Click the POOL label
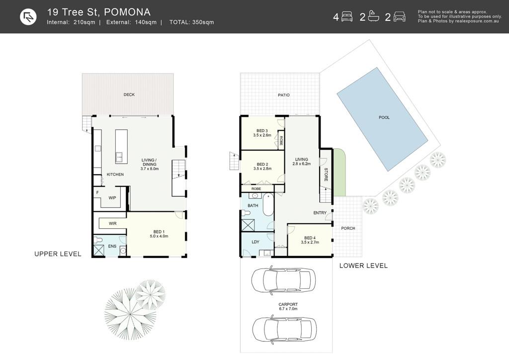(384, 117)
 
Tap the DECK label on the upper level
(129, 95)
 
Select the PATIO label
(284, 95)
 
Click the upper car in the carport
(283, 280)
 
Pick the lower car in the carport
(284, 329)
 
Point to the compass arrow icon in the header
(28, 17)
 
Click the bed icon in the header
(347, 16)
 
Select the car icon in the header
(399, 16)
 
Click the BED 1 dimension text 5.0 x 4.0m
(159, 236)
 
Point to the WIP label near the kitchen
(112, 198)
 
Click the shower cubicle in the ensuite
(98, 251)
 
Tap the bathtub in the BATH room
(268, 205)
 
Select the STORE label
(326, 175)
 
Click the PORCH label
(348, 229)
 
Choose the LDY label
(255, 242)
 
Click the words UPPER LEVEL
(58, 254)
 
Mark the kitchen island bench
(121, 146)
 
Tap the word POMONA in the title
(127, 12)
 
